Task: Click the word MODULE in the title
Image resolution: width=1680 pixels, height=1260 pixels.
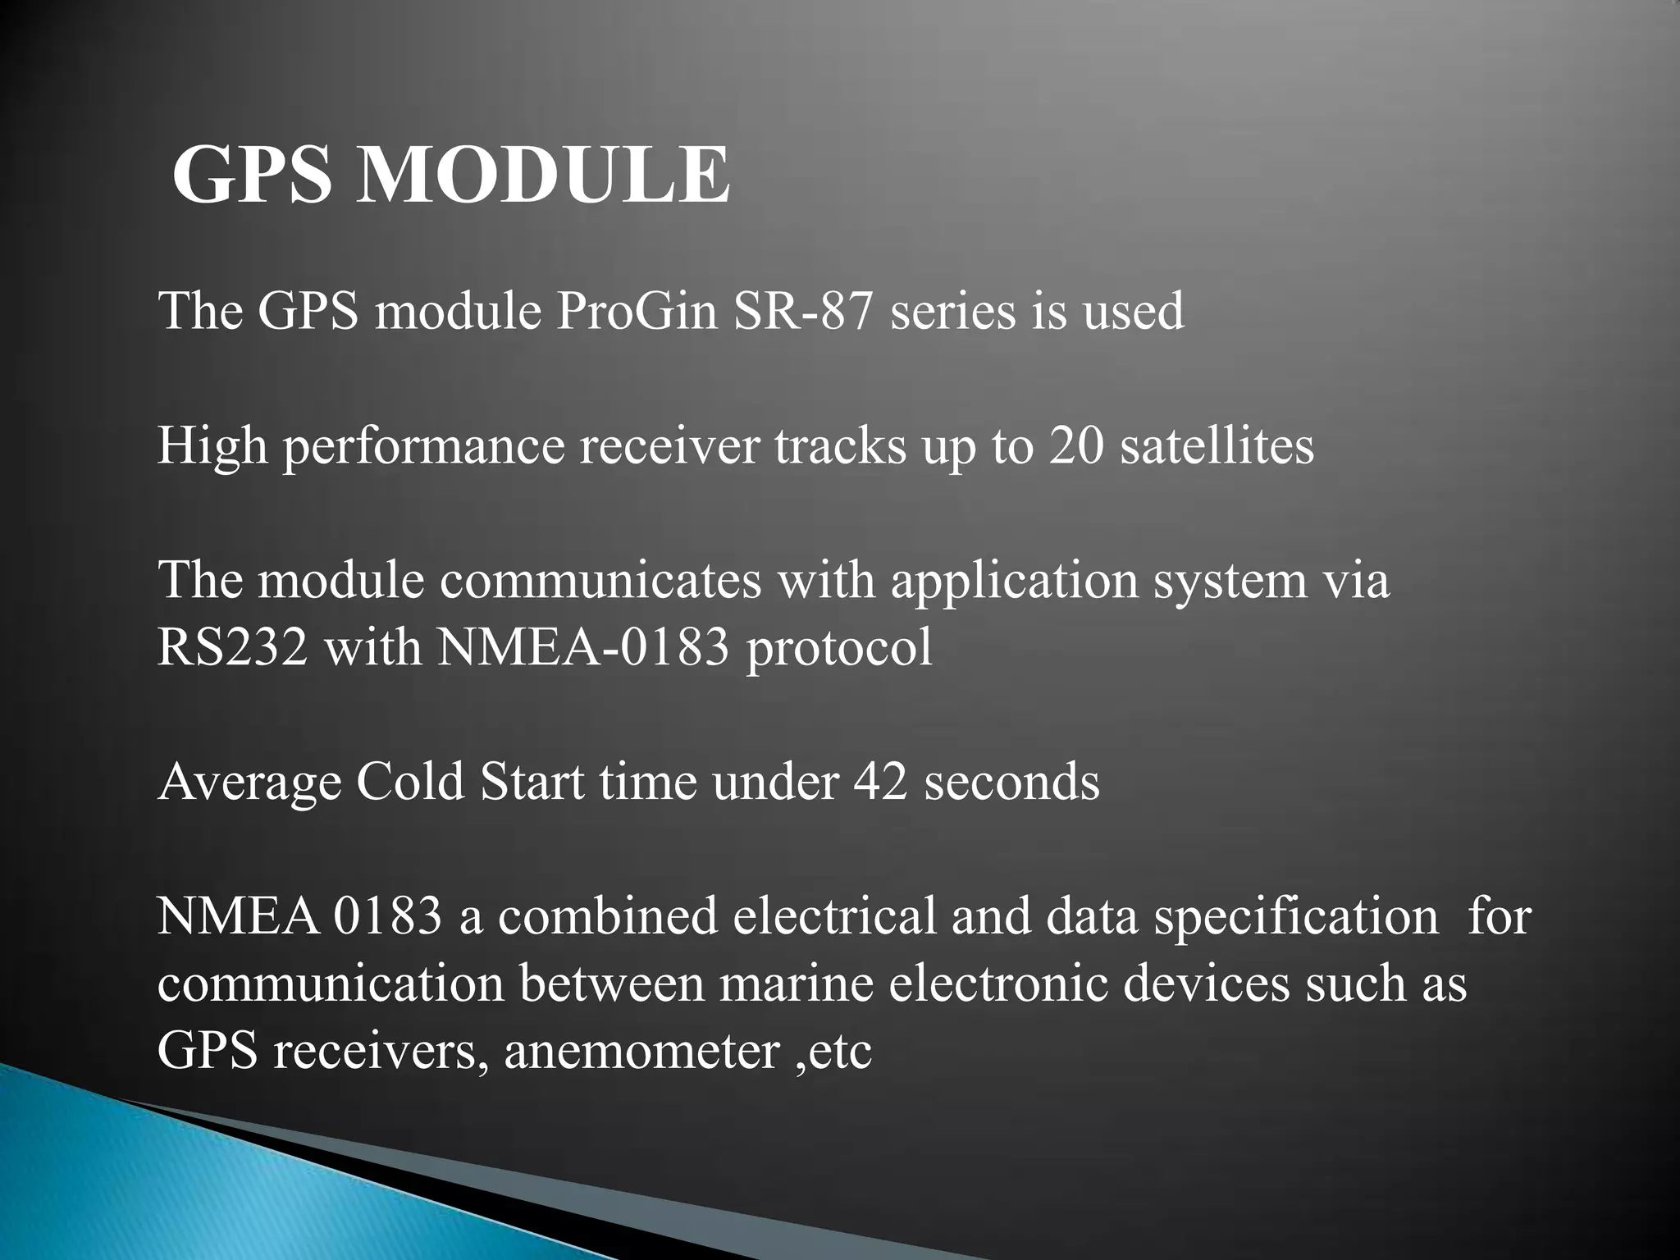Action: [x=543, y=176]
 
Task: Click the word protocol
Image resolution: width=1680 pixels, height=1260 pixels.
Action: [x=839, y=649]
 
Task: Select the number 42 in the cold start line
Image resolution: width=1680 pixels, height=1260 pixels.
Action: [x=881, y=782]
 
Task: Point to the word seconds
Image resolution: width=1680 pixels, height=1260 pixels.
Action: [x=1011, y=782]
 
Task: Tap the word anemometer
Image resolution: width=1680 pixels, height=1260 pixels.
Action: [x=641, y=1052]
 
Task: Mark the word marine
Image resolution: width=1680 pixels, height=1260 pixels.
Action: [x=797, y=984]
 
